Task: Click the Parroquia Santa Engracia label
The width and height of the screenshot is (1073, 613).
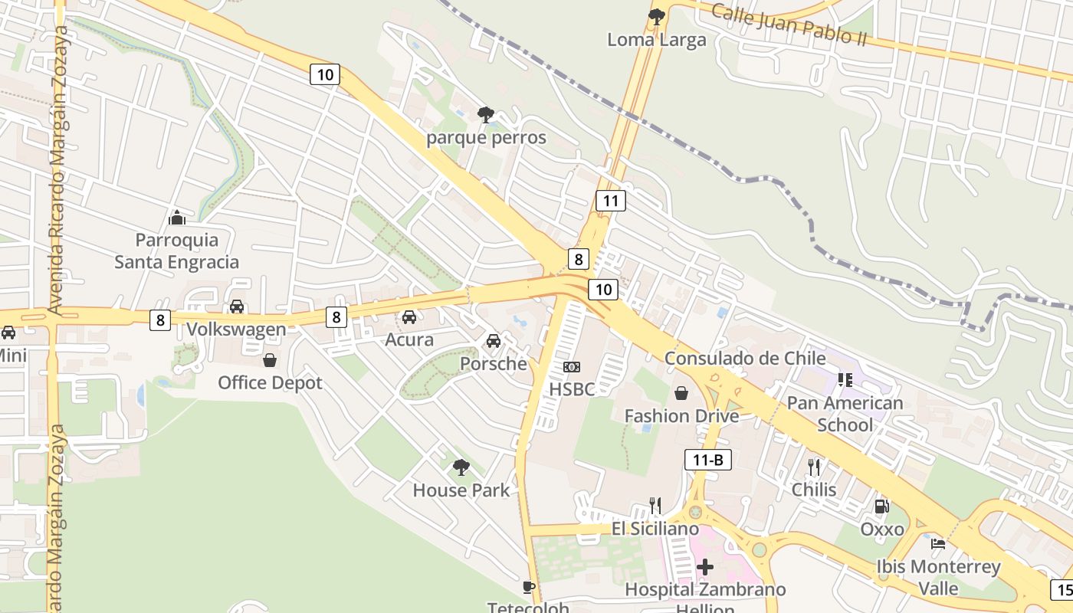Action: click(177, 251)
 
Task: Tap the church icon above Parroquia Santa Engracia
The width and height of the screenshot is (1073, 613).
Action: click(177, 218)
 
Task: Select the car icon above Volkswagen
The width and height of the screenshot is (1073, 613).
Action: click(237, 306)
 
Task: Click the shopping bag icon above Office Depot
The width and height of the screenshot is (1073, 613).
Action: click(270, 359)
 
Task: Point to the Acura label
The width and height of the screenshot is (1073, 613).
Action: click(409, 339)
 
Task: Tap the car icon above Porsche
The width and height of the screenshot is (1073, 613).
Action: click(494, 340)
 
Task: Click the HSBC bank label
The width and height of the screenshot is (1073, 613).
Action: click(572, 389)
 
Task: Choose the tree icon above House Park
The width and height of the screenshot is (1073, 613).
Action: click(461, 467)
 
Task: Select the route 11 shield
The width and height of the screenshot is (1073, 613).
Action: click(611, 202)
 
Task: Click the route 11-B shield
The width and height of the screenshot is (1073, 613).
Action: click(707, 460)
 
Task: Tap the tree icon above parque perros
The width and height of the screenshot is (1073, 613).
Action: click(485, 115)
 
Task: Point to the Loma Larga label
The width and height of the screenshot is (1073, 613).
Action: click(657, 40)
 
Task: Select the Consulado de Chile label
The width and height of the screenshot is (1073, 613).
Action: click(745, 358)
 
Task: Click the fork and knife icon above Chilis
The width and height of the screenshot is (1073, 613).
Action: click(814, 466)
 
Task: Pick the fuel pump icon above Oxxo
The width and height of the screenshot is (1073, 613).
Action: click(882, 506)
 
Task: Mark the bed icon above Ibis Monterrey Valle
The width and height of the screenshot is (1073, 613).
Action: click(938, 544)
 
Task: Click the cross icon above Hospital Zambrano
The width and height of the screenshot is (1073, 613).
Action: click(705, 567)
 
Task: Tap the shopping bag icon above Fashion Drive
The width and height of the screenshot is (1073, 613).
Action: click(681, 393)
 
